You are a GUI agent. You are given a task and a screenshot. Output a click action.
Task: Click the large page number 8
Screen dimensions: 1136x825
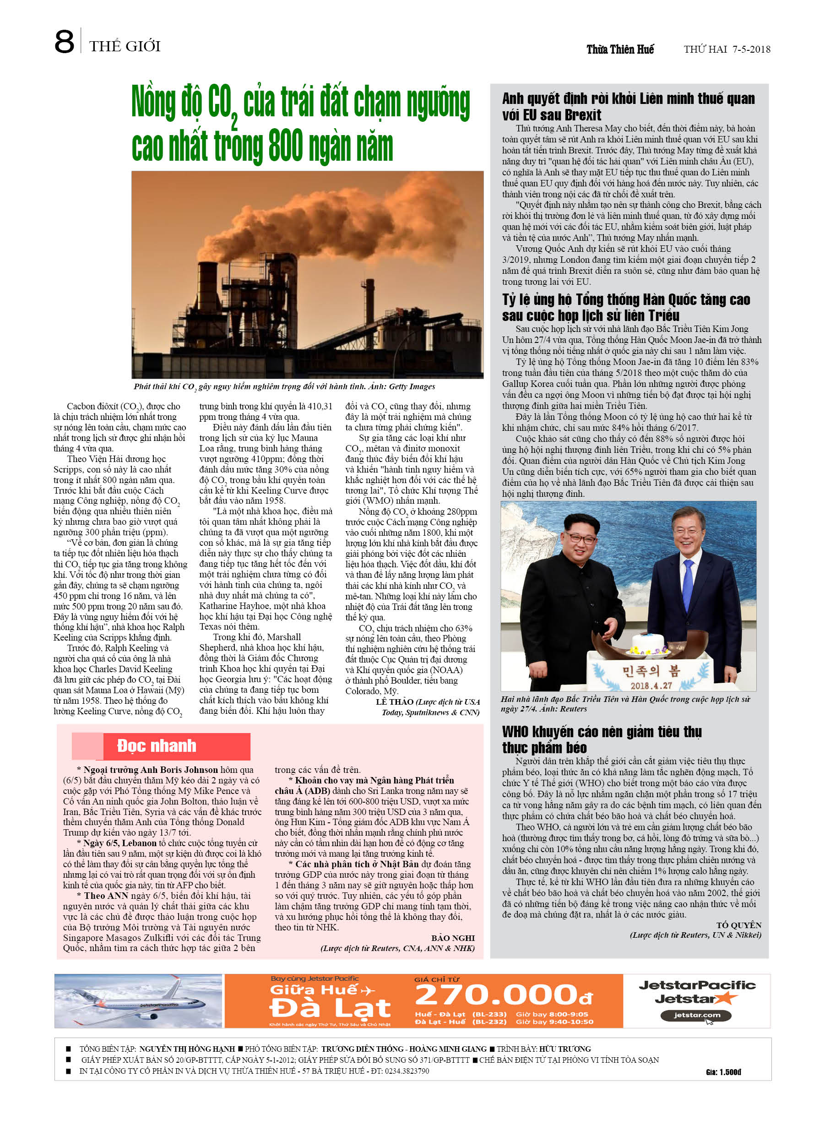point(64,42)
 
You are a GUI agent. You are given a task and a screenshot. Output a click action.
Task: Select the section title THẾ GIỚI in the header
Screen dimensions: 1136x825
point(125,47)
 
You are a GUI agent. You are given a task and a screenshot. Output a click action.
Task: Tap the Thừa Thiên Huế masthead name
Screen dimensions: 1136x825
point(620,49)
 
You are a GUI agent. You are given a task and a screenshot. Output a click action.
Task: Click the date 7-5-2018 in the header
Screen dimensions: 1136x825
point(751,49)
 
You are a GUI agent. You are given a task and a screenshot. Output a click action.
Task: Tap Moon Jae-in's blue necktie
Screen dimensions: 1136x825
point(688,581)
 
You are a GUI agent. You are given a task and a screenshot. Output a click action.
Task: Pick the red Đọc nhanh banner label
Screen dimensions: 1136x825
point(157,746)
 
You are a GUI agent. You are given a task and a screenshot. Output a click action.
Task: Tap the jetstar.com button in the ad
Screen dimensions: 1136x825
point(697,1015)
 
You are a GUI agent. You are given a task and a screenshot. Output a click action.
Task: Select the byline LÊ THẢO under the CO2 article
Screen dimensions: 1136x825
point(394,702)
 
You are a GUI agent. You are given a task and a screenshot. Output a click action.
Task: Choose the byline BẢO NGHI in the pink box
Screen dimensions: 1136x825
point(453,938)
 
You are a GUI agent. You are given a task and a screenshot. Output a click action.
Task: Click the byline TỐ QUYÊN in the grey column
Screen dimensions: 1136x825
point(738,925)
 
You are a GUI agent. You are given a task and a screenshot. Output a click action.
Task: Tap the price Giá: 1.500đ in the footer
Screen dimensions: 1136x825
point(723,1072)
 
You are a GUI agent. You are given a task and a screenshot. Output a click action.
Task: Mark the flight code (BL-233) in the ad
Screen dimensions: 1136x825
point(489,1014)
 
